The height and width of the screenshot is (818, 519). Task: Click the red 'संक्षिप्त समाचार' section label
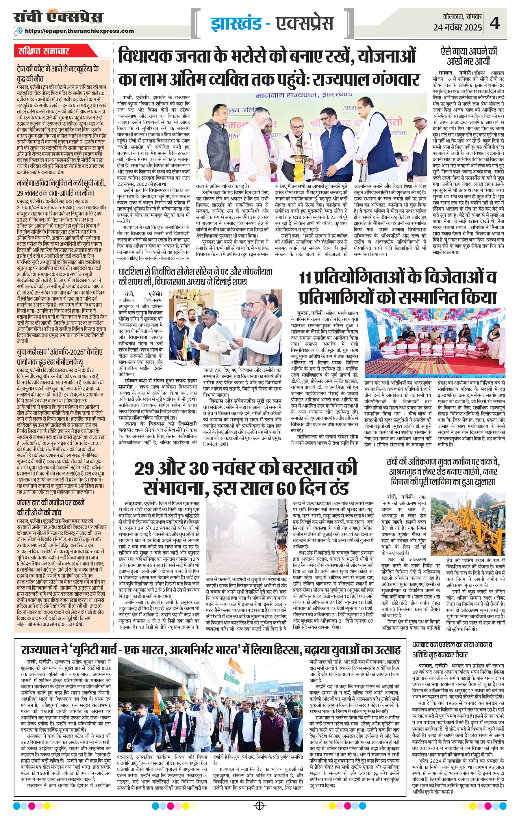coord(44,52)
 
